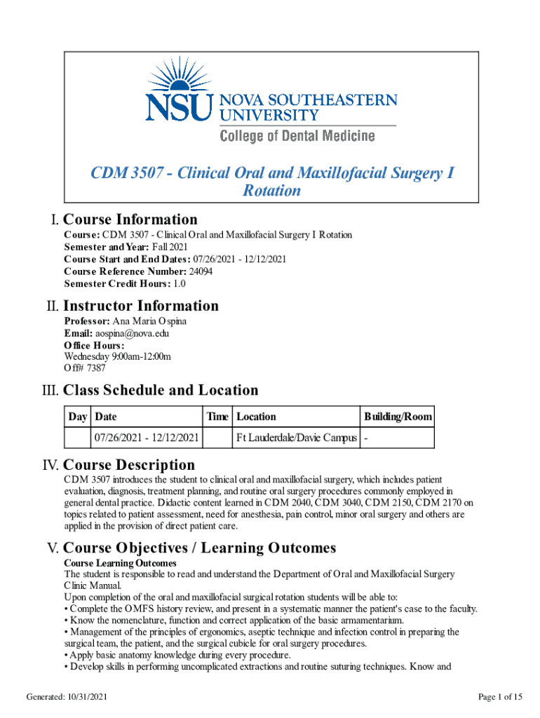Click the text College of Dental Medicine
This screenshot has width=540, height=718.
[x=297, y=135]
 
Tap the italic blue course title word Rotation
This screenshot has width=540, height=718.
[x=271, y=191]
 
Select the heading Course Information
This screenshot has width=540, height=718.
[x=130, y=219]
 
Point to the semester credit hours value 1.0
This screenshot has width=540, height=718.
[x=180, y=284]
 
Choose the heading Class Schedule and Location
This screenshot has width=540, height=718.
[x=161, y=390]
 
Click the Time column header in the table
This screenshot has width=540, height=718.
[x=217, y=416]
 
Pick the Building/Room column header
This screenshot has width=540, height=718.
[x=398, y=416]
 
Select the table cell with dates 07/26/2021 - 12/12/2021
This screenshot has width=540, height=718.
[x=147, y=438]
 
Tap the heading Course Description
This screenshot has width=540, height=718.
[x=129, y=465]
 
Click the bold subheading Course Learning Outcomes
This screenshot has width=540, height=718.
[x=120, y=563]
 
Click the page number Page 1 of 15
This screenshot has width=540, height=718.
[x=500, y=696]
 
